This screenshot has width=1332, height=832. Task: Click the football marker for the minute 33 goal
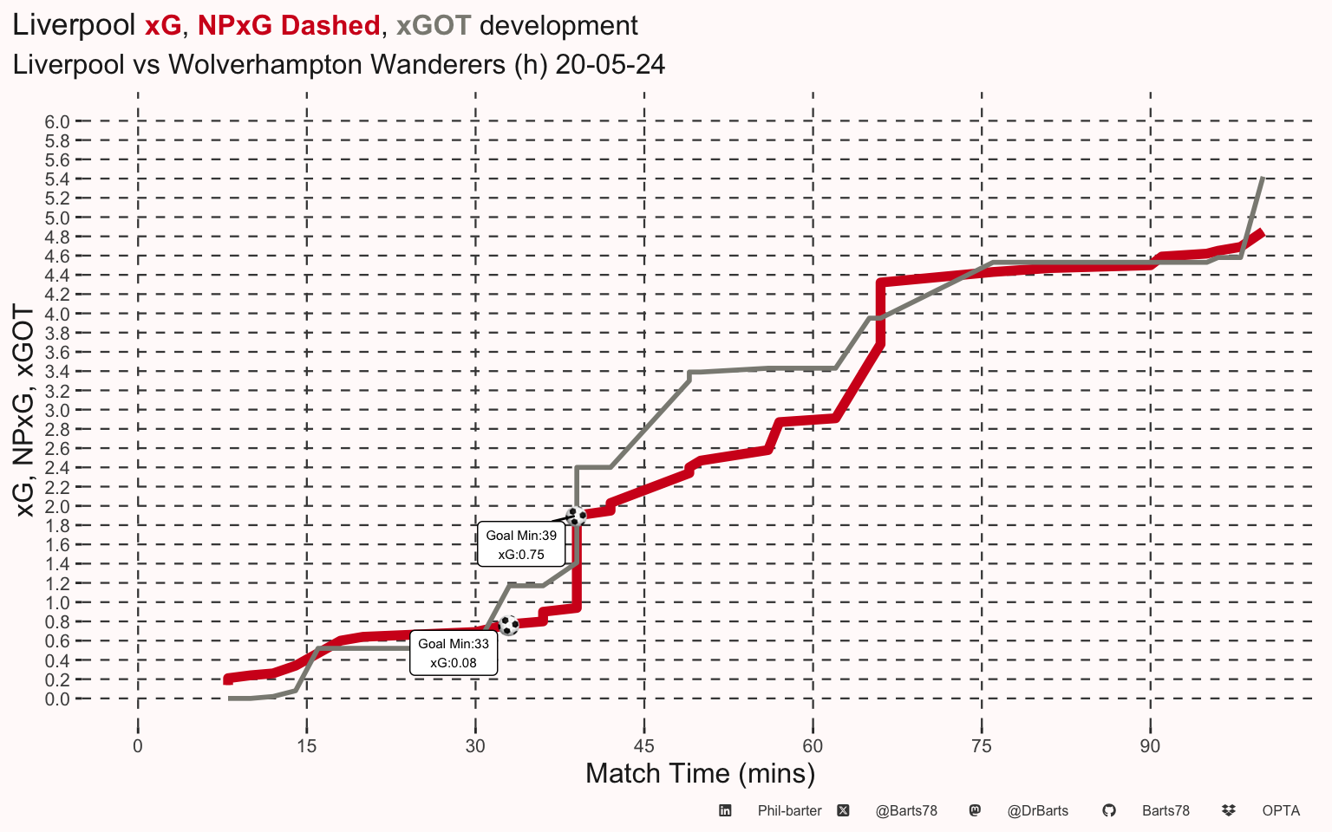coord(508,625)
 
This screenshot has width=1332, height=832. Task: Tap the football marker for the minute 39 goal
coord(576,516)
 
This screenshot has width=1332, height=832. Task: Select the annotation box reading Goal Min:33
coord(454,653)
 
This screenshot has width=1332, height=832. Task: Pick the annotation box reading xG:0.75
coord(521,544)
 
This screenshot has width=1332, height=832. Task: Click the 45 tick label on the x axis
coord(644,746)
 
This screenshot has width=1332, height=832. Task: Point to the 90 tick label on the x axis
coord(1150,746)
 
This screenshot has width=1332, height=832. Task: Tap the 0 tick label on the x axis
coord(138,746)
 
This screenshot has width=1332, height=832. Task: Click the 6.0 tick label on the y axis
coord(57,122)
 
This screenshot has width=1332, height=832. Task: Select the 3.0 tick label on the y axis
coord(57,411)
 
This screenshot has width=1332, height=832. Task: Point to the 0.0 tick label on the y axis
coord(57,699)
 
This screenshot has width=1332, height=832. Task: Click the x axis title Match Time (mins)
coord(701,774)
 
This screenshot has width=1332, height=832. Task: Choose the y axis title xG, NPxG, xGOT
coord(23,411)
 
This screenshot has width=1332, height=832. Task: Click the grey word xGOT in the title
coord(434,25)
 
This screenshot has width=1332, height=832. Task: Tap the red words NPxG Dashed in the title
coord(289,25)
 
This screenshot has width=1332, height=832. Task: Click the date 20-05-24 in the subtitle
coord(610,64)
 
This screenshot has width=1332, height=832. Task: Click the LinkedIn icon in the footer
coord(725,810)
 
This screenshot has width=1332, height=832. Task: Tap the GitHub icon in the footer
coord(1109,810)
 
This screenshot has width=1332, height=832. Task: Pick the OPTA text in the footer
coord(1281,810)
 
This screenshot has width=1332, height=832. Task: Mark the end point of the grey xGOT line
coord(1263,178)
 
